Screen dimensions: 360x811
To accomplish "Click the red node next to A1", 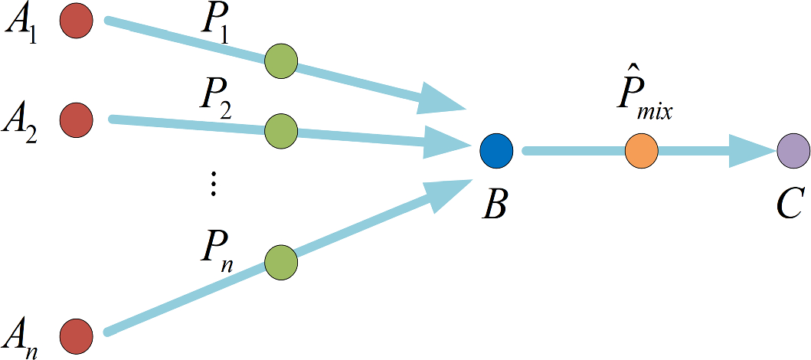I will (x=77, y=19).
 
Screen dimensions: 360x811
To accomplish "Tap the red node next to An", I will (x=77, y=335).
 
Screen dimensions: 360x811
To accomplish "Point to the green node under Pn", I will (x=280, y=262).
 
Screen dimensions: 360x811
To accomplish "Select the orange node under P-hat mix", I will (x=641, y=150).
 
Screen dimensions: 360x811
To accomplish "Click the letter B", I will (x=494, y=205).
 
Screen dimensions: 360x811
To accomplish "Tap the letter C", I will (x=789, y=205).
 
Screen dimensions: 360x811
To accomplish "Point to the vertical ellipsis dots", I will (x=214, y=184).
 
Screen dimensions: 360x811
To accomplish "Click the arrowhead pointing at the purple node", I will (x=752, y=150).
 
